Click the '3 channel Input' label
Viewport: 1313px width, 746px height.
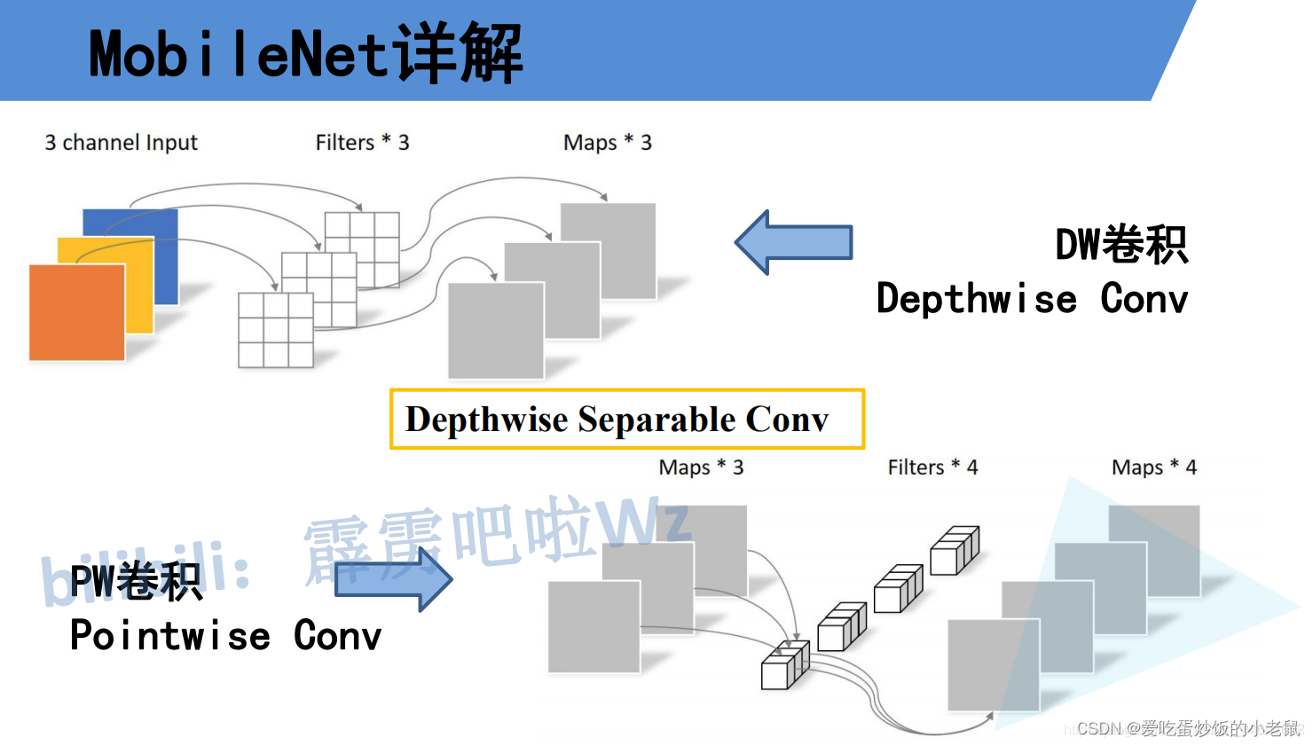click(x=122, y=143)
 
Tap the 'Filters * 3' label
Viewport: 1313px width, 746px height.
click(x=362, y=143)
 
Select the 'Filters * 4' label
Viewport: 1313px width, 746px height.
click(x=932, y=467)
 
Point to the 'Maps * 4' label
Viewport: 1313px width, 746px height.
click(x=1153, y=467)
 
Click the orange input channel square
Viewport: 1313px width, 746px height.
click(x=76, y=312)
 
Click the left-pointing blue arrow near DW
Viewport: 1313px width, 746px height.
click(x=793, y=242)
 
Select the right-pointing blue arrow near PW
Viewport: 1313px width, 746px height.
click(x=394, y=579)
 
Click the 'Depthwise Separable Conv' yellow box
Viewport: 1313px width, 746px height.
click(x=626, y=419)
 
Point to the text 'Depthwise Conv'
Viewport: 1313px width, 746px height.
click(x=1031, y=299)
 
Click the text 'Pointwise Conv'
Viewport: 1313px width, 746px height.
click(x=225, y=636)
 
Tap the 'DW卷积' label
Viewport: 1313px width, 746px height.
click(x=1120, y=245)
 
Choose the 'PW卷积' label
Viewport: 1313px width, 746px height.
click(x=136, y=582)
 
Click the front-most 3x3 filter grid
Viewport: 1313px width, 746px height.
click(x=276, y=329)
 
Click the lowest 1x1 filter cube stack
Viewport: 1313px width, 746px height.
click(x=785, y=666)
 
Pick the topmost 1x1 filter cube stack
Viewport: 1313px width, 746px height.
click(x=955, y=551)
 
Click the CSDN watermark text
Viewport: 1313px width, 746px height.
click(x=1188, y=729)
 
